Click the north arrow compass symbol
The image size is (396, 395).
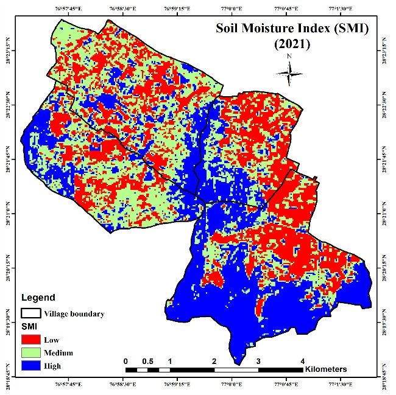(290, 73)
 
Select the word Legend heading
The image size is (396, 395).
(38, 298)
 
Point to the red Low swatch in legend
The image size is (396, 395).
(30, 340)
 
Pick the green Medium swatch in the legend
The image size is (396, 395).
(30, 353)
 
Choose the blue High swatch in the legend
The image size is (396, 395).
(30, 366)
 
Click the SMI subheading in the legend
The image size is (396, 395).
(29, 327)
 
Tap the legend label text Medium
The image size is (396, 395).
(58, 353)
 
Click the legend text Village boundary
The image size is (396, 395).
(74, 314)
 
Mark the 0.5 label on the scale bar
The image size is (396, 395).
(147, 361)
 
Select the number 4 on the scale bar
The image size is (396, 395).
(303, 361)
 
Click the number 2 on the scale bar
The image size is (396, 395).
(214, 361)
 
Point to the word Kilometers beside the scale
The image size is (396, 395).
(326, 369)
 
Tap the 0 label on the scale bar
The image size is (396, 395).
(126, 361)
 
